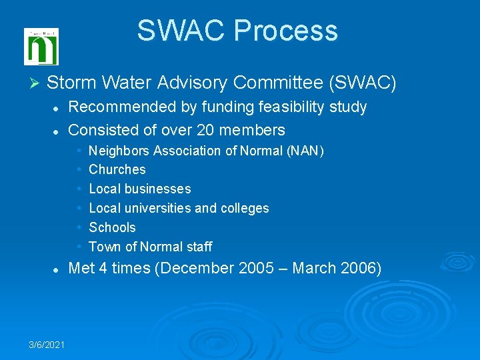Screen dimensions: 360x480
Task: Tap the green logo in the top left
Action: click(41, 47)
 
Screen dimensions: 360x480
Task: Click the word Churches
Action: click(117, 169)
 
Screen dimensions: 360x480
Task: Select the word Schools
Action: click(112, 227)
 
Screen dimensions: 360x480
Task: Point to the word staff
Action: click(199, 247)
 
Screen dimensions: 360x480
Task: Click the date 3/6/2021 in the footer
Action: click(47, 344)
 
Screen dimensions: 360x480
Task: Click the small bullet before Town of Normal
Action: click(79, 246)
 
